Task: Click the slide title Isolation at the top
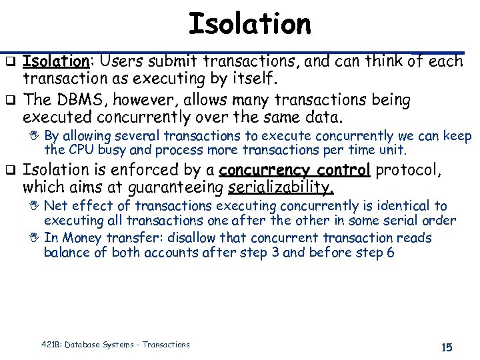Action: [x=249, y=25]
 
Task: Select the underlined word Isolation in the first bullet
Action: [x=56, y=62]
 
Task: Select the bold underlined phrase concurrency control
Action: [x=294, y=170]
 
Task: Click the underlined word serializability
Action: [x=280, y=188]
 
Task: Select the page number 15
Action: [x=446, y=347]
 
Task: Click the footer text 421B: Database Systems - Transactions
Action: [x=115, y=345]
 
